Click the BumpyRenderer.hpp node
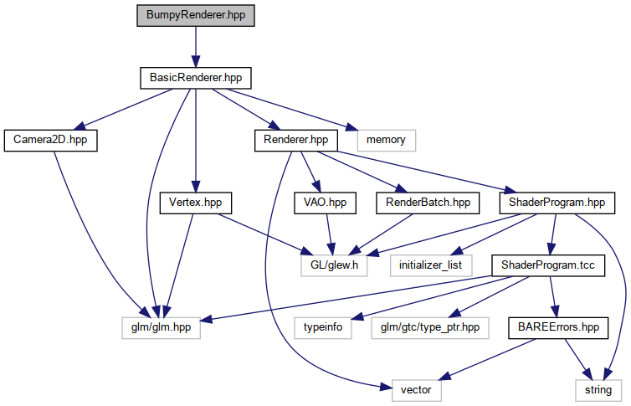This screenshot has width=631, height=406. click(x=196, y=16)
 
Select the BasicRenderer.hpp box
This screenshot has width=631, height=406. click(x=196, y=78)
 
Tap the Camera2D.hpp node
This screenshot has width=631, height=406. click(x=50, y=140)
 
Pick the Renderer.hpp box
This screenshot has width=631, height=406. click(x=295, y=140)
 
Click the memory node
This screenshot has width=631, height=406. click(x=386, y=140)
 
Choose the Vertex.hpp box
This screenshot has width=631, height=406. click(x=195, y=202)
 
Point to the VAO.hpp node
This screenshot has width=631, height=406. click(x=325, y=202)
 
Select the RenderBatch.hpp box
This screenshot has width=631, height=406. click(x=428, y=202)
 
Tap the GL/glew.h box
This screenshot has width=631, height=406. click(x=336, y=265)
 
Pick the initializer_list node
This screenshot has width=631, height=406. click(x=431, y=265)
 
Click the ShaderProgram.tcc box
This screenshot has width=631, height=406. click(x=547, y=265)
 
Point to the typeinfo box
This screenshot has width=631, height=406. click(x=321, y=327)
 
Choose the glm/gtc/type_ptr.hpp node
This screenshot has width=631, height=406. click(x=429, y=327)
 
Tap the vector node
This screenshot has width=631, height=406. click(x=416, y=389)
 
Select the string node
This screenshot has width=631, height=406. click(x=598, y=389)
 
